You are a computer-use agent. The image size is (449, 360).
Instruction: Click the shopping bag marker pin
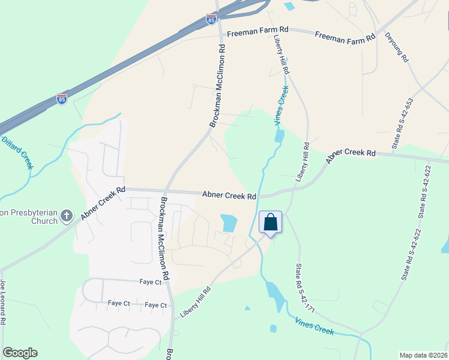tap(270, 223)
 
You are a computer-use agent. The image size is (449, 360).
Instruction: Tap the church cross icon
tap(67, 215)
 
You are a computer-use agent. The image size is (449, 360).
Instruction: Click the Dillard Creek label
tap(17, 152)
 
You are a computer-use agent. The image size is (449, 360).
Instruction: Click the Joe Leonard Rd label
tap(3, 303)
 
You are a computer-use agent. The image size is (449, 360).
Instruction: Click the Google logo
tap(20, 353)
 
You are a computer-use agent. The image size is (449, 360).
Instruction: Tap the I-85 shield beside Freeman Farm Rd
tap(211, 20)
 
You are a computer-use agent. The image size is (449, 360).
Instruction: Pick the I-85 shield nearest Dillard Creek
tap(62, 99)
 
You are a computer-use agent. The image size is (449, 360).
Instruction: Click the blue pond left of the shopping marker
tap(229, 223)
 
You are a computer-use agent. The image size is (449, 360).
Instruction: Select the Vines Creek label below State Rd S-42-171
tap(314, 327)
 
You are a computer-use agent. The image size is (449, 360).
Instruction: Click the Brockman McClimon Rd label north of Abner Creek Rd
tap(217, 86)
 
